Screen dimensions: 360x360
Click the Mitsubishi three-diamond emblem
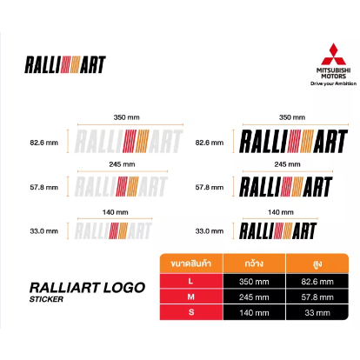pos(333,55)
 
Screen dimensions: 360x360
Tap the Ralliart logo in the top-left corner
pos(65,64)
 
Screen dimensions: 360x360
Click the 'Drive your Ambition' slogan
pos(333,83)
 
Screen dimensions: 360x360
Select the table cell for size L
pos(191,281)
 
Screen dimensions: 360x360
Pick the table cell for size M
pos(191,297)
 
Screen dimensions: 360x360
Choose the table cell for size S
pos(191,312)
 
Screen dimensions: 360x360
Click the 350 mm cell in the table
pos(254,281)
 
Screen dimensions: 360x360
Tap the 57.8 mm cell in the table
pos(317,297)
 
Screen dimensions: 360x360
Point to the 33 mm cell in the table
pos(317,312)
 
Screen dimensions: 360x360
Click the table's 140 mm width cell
pos(254,312)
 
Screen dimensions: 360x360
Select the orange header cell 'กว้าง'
pos(254,263)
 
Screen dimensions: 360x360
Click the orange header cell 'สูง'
pos(317,263)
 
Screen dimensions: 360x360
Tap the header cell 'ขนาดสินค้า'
pos(191,263)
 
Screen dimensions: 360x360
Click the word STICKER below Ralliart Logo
pos(46,299)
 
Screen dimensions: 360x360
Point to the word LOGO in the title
pos(124,288)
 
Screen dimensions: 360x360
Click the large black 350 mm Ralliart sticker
pos(294,141)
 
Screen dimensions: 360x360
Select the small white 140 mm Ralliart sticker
pos(113,230)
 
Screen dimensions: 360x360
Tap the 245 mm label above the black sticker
pos(287,164)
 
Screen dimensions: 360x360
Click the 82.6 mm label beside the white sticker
pos(43,143)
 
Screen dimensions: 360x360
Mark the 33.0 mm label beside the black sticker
pos(210,231)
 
